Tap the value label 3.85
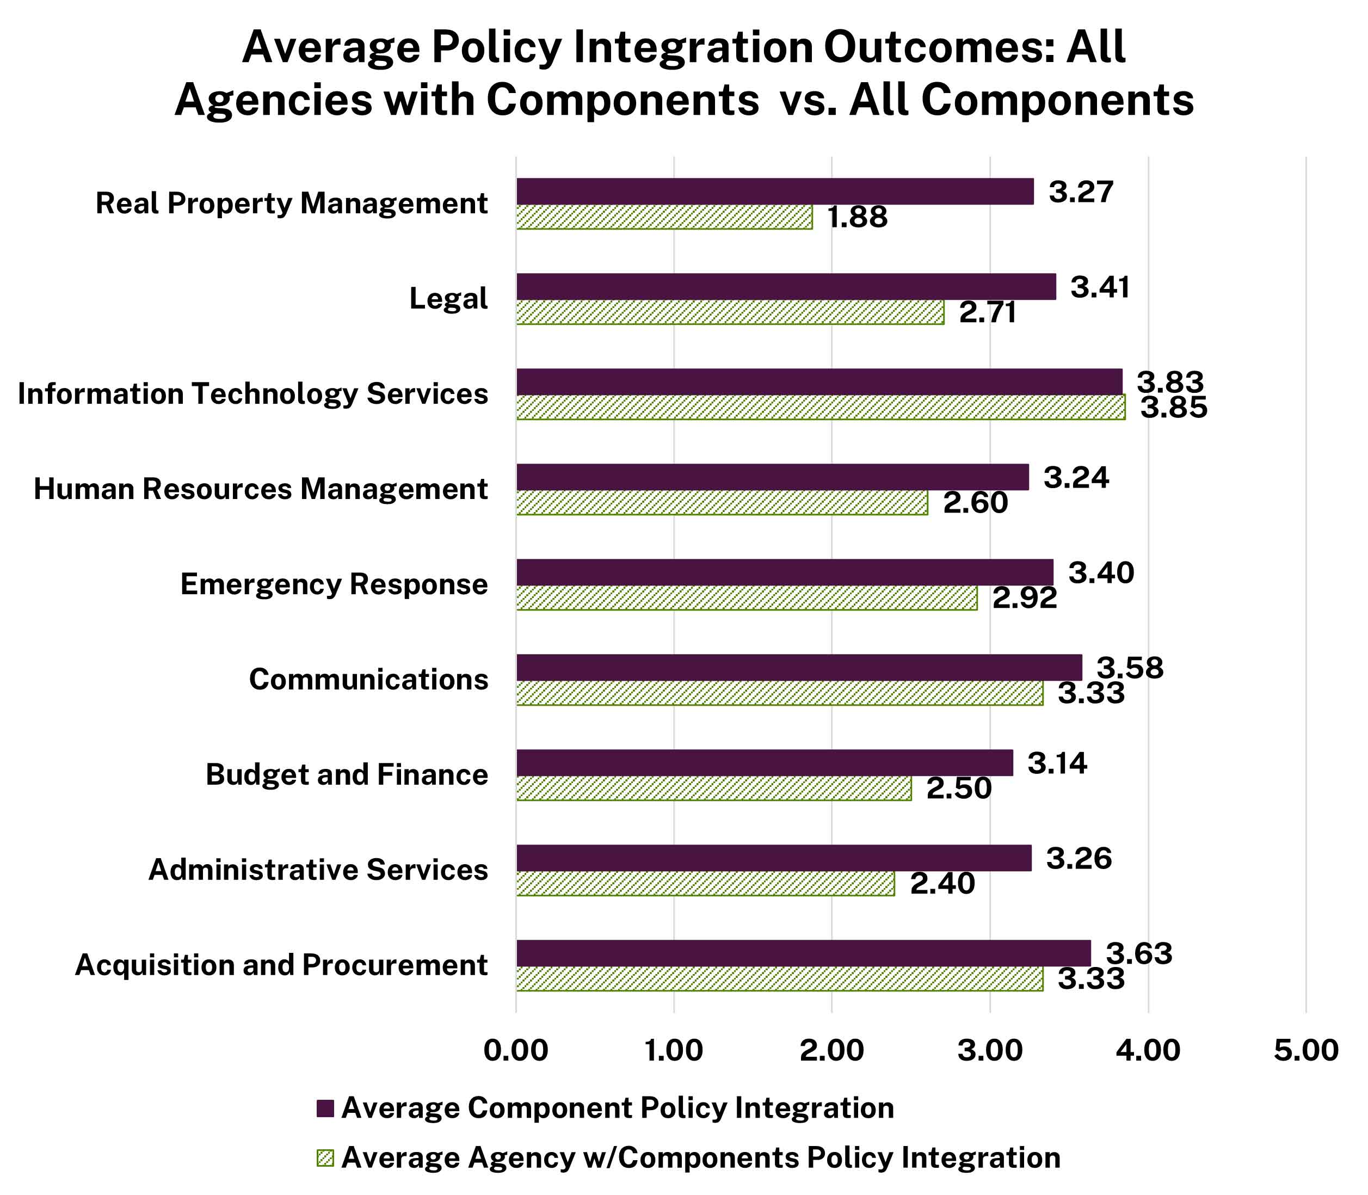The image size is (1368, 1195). tap(1173, 408)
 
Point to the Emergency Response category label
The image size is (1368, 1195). tap(334, 584)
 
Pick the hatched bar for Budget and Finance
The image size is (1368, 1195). tap(713, 788)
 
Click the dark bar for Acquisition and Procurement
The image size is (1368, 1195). tap(803, 953)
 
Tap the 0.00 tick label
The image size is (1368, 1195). tap(515, 1051)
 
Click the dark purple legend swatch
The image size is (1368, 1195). tap(325, 1108)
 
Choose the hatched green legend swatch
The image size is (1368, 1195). tap(325, 1157)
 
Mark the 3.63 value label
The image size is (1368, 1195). tap(1139, 953)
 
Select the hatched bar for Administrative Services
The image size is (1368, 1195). tap(705, 884)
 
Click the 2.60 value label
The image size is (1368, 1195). tap(975, 503)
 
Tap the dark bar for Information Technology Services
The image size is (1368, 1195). tap(818, 382)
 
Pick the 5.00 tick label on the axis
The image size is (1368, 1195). tap(1305, 1051)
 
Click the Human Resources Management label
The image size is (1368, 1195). tap(260, 489)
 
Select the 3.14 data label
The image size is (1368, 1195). tap(1057, 763)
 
